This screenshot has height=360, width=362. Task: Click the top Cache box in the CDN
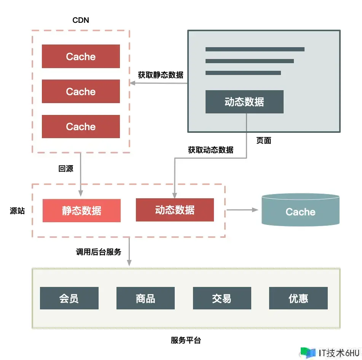[81, 56]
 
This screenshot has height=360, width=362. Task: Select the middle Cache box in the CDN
[81, 91]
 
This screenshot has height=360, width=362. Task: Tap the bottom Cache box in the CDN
[81, 126]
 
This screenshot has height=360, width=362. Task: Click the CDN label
[81, 20]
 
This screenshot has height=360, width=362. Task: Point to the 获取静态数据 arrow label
[160, 75]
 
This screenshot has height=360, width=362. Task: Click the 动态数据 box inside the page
[244, 102]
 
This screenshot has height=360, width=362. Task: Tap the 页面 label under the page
[263, 140]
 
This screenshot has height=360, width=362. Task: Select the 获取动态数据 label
[211, 150]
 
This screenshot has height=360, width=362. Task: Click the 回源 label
[66, 169]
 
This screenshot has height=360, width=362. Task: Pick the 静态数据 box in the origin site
[81, 210]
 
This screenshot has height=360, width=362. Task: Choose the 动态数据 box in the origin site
[175, 210]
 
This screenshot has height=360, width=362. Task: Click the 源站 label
[17, 210]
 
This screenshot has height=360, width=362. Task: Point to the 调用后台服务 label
[99, 252]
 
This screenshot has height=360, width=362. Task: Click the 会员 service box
[69, 298]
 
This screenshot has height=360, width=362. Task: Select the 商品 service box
[145, 298]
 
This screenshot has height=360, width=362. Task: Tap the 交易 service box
[222, 298]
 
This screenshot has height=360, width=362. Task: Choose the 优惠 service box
[298, 298]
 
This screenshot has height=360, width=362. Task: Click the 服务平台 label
[186, 340]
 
